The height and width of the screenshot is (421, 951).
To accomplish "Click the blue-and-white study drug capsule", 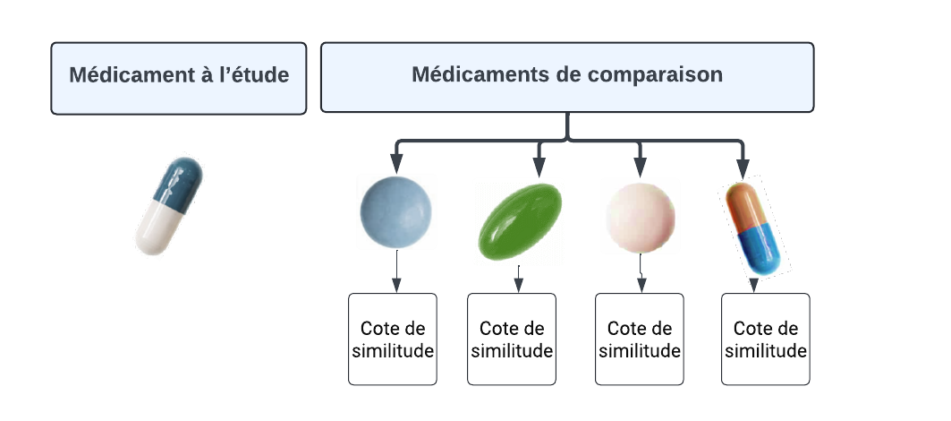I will (170, 206).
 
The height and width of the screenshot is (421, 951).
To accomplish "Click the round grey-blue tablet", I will (395, 212).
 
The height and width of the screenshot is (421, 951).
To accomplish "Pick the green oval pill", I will (518, 221).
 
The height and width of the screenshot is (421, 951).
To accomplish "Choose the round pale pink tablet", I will (640, 216).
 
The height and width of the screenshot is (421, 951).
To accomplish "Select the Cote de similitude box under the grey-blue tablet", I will (393, 339).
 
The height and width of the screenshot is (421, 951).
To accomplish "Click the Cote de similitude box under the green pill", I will (512, 339).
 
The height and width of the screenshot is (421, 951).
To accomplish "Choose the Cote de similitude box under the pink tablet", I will (640, 339).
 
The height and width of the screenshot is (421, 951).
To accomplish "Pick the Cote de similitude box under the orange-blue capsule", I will (766, 339).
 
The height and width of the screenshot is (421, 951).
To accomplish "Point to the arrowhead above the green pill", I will (539, 167).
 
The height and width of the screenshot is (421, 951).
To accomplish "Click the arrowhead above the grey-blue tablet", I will (396, 165).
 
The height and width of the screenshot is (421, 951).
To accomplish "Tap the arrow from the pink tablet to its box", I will (641, 272).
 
